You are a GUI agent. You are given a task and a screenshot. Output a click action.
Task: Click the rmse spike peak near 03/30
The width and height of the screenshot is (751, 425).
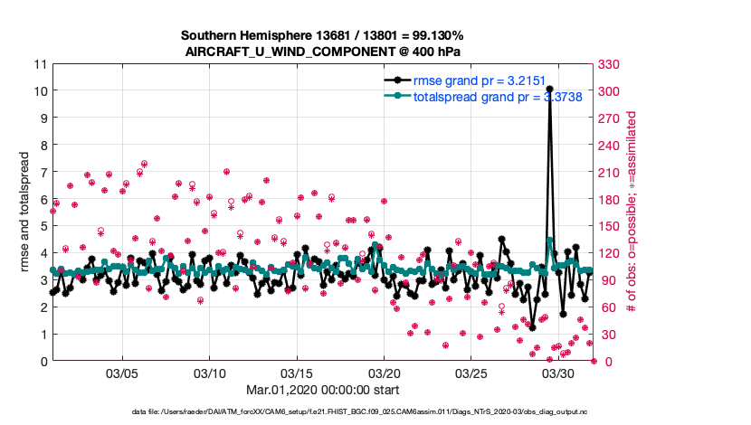[x=549, y=89]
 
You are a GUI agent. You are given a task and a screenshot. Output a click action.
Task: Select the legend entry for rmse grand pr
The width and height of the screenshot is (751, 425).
[x=480, y=80]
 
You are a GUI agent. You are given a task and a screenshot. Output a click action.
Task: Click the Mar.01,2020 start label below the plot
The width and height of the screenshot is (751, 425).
[x=322, y=391]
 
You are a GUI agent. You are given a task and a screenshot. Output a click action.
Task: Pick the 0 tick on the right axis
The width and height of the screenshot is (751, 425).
[x=604, y=361]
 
